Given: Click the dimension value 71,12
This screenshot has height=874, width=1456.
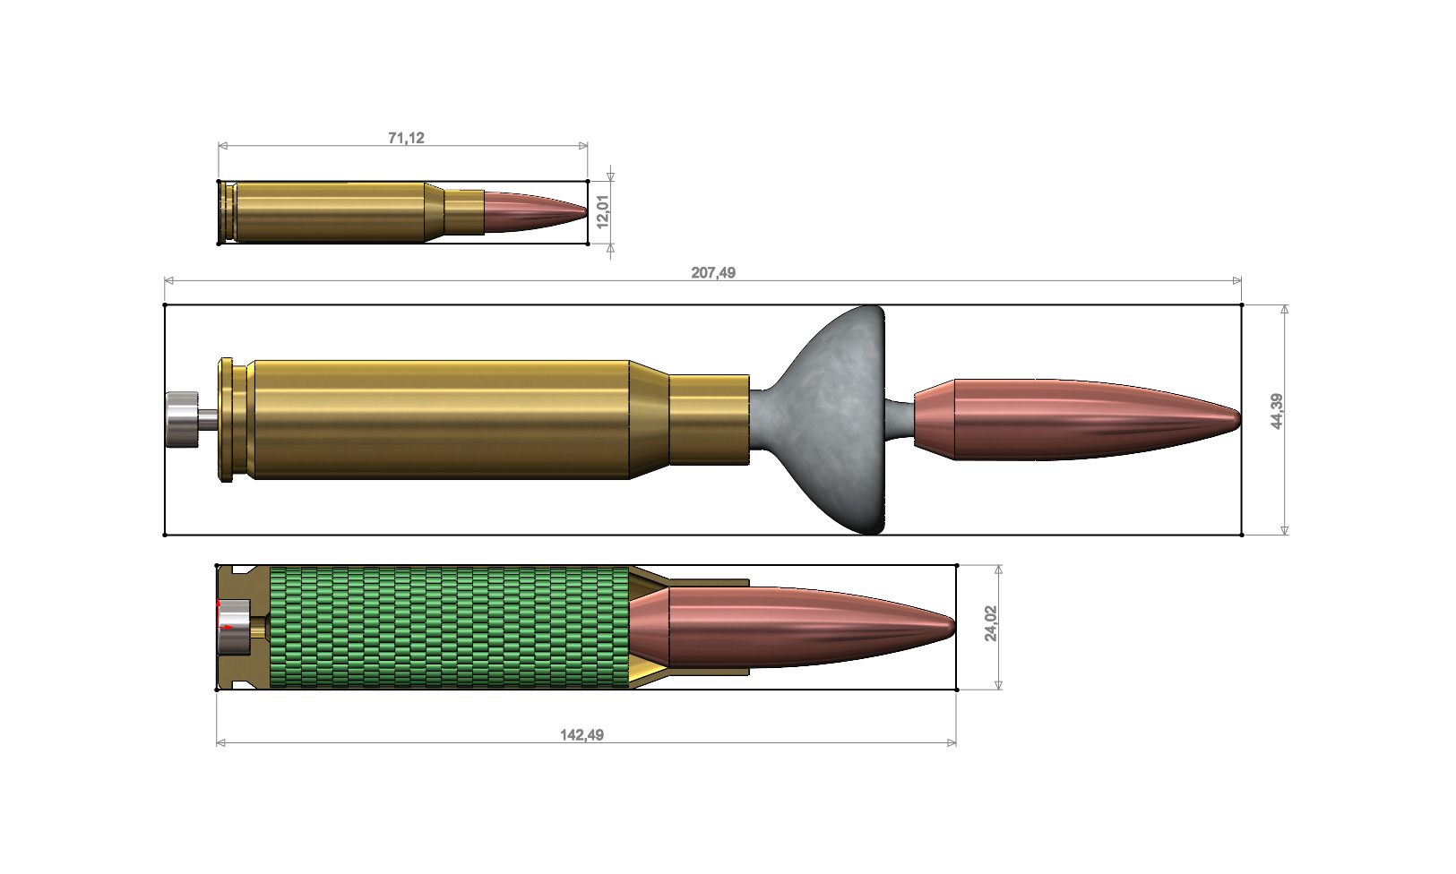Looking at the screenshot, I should (406, 138).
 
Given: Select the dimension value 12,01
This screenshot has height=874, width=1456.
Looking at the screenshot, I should (603, 211).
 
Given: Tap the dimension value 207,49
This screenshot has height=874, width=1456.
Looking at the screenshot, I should (713, 272).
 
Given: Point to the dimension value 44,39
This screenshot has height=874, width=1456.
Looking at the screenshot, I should (1276, 411).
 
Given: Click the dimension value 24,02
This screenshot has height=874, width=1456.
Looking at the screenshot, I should (990, 623).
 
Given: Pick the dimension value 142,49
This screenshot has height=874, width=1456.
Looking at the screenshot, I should (582, 735).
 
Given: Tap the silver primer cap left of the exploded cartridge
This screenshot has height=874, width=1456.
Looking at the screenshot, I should (180, 419).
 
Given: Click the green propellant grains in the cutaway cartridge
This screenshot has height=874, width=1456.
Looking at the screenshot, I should (448, 627).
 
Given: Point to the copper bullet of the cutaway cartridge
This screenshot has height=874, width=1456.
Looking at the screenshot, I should (788, 627).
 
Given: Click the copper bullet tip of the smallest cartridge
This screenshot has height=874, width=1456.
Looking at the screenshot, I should (538, 211).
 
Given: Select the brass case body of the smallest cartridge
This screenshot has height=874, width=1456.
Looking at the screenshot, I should (332, 211).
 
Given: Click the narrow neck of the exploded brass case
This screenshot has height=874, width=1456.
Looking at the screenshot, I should (709, 419).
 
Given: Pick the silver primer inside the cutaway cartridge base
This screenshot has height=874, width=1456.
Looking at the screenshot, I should (234, 627).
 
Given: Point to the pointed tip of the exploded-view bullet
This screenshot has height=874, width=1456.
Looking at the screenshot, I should (1234, 419).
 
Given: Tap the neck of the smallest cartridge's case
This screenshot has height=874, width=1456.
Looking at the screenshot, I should (464, 211).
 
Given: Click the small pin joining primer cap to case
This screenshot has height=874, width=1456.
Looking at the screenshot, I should (207, 418).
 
